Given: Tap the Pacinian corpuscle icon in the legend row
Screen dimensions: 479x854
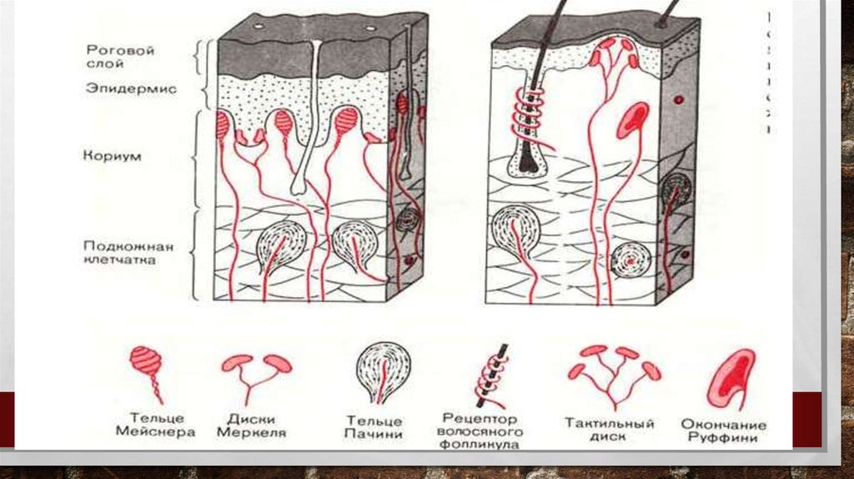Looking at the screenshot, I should pos(383,371).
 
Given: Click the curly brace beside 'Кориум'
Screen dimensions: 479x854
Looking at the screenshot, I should pos(197,159).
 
